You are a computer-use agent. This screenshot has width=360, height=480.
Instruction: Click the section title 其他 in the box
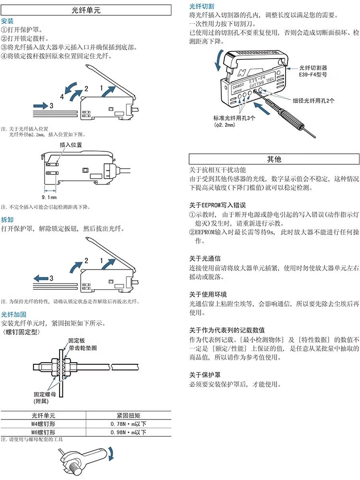tap(274, 159)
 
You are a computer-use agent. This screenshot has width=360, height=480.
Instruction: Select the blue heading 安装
tap(8, 22)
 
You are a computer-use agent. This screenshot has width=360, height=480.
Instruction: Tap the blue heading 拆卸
tap(8, 220)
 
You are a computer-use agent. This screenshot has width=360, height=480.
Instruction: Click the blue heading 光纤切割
tap(202, 6)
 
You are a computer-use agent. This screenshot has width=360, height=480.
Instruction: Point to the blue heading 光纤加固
tap(14, 314)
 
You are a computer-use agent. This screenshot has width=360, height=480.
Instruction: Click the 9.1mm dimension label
tap(49, 197)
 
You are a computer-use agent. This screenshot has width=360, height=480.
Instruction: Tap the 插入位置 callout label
tap(71, 145)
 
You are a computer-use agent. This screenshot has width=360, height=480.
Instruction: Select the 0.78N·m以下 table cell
tap(128, 424)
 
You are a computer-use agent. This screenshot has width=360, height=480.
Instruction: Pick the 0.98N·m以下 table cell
tap(128, 432)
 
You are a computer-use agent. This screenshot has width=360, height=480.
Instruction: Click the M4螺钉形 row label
tap(43, 424)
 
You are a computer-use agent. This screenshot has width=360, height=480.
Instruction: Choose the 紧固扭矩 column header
tap(128, 415)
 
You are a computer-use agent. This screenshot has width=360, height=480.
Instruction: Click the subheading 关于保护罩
tap(205, 375)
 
